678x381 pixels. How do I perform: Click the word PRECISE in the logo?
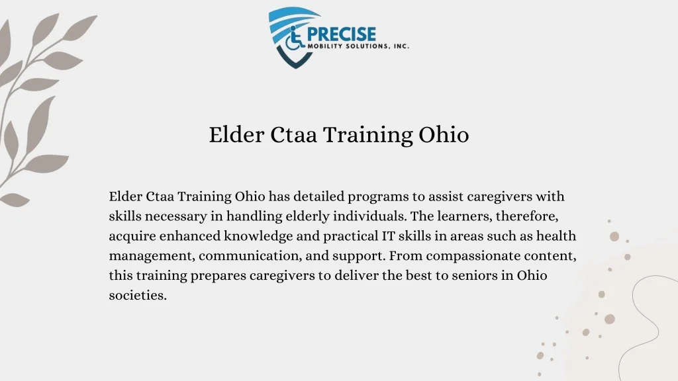[x=342, y=34]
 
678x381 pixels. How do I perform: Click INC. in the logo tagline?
[x=401, y=46]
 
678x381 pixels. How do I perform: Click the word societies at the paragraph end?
[x=138, y=295]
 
